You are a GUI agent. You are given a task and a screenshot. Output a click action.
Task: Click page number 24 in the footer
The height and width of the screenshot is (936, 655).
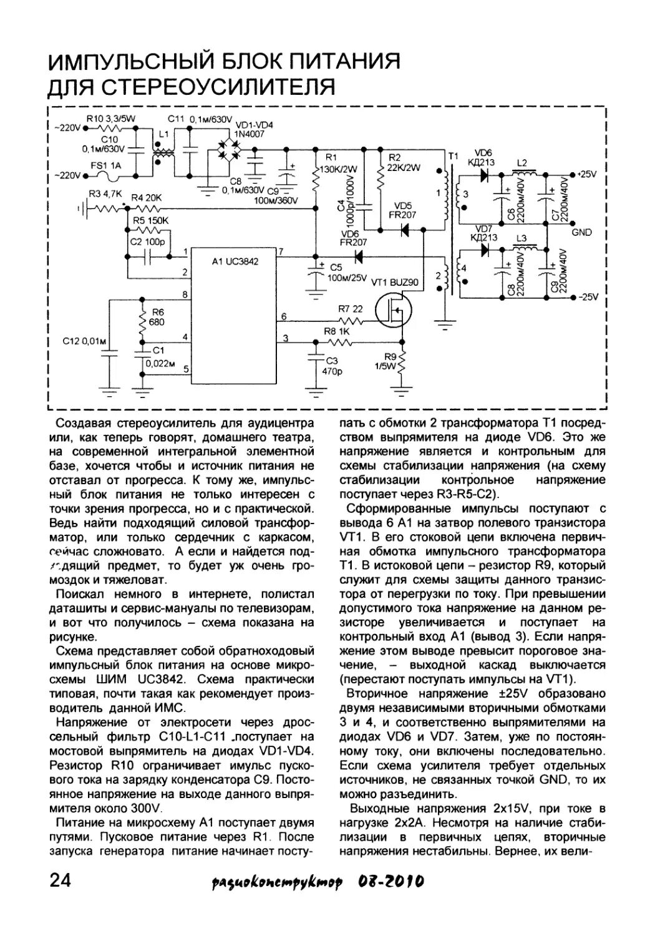[x=61, y=881]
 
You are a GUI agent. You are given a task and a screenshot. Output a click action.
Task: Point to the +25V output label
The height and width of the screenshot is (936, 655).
[x=588, y=173]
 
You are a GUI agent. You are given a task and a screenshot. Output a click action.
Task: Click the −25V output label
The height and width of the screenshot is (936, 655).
[x=588, y=297]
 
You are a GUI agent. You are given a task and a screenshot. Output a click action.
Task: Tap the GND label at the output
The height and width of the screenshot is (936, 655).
[x=581, y=232]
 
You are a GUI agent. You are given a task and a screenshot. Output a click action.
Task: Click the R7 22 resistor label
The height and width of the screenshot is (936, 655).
[x=350, y=309]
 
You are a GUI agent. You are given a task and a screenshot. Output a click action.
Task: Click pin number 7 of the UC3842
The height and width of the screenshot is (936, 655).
[x=281, y=251]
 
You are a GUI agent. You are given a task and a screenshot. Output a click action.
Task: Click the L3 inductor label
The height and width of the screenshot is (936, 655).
[x=522, y=239]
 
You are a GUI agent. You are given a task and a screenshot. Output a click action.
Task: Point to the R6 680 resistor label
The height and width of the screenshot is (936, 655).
[x=157, y=317]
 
